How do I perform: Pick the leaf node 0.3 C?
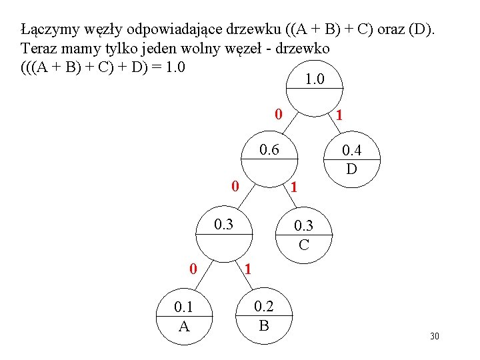[304, 235]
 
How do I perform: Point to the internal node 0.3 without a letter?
[223, 230]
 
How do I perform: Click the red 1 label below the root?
[340, 115]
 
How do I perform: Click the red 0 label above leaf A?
[192, 269]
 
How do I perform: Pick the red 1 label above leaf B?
[247, 270]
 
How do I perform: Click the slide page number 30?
[435, 336]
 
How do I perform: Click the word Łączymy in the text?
[47, 30]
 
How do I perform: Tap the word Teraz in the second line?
[37, 49]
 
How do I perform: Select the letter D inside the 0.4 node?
[351, 169]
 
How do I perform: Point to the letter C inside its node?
[304, 245]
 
